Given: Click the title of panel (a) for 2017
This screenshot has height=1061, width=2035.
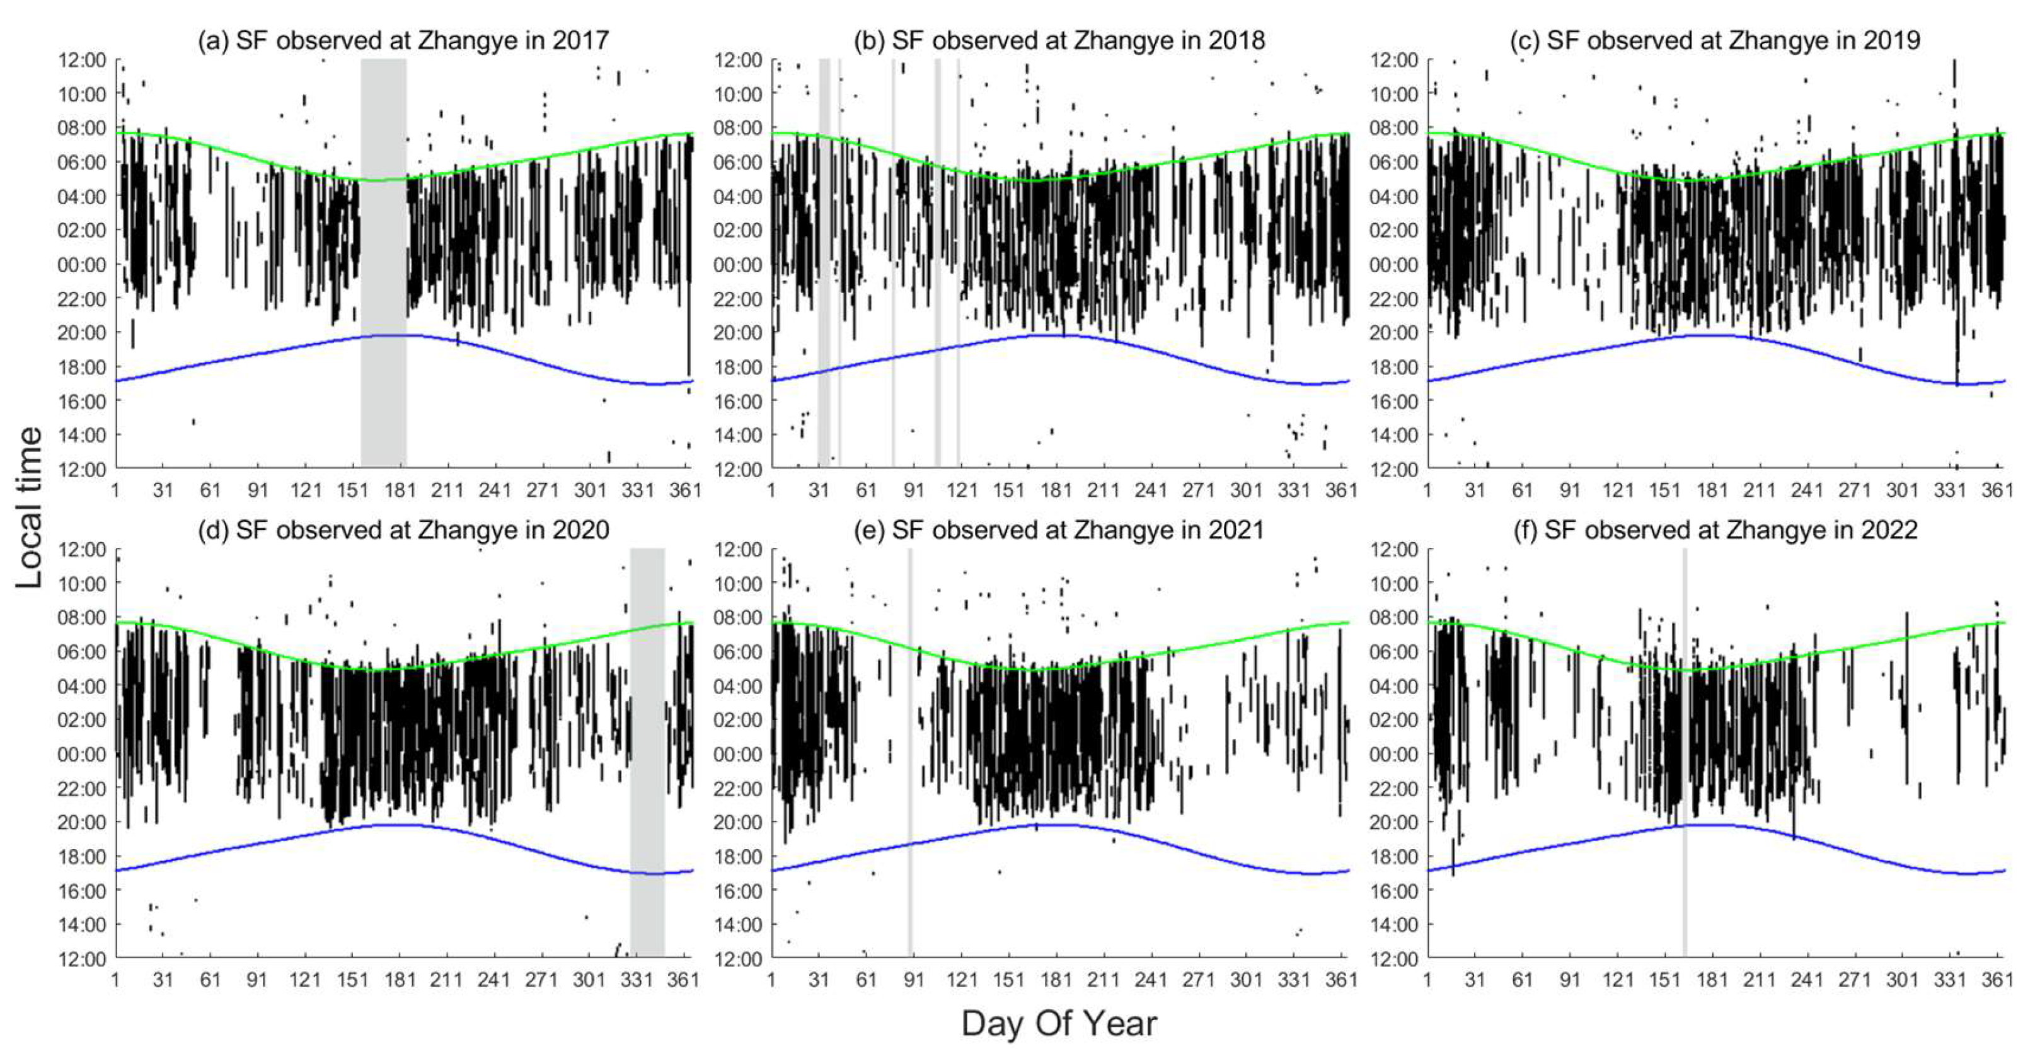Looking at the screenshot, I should [x=403, y=40].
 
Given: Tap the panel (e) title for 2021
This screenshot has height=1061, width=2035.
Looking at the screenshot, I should [x=1059, y=530].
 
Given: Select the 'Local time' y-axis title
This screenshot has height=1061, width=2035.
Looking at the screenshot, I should [x=29, y=508].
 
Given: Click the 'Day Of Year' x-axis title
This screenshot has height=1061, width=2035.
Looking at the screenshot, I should [x=1059, y=1023].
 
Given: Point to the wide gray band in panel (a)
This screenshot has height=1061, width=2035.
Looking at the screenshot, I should [x=383, y=261].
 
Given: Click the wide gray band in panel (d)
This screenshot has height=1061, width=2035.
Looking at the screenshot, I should [x=647, y=751].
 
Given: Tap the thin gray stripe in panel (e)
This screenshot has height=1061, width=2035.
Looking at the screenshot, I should [x=910, y=751].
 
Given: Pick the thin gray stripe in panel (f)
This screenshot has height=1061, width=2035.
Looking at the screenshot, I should [x=1684, y=751].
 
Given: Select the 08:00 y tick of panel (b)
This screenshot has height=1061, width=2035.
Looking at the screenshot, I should [x=739, y=128].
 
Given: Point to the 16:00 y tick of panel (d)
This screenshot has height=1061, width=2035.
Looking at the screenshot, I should [x=82, y=890].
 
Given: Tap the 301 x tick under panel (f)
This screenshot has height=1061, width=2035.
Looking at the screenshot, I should [x=1902, y=980].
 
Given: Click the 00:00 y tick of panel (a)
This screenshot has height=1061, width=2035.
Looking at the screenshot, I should [x=82, y=265].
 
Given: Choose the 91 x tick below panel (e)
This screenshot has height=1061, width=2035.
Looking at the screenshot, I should [x=914, y=980].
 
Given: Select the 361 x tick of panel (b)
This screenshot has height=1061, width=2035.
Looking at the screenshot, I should [x=1341, y=490].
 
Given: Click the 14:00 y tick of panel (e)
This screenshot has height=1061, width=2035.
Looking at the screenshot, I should [x=739, y=924].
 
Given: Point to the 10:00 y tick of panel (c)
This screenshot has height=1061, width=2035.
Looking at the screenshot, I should [x=1394, y=94].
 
